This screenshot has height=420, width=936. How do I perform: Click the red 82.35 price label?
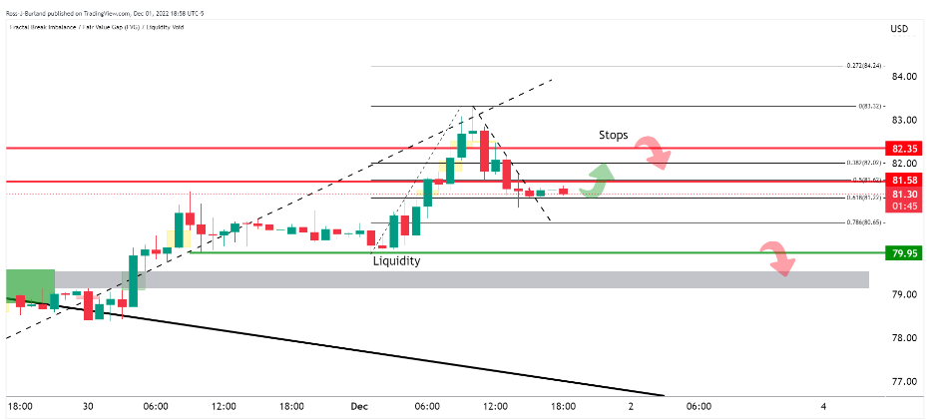[905, 148]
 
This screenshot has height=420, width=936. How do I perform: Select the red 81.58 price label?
[905, 182]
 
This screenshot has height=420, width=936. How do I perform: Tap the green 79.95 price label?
[905, 253]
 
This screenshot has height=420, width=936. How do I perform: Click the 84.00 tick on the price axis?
[905, 77]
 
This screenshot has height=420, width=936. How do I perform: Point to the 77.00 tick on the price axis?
[905, 382]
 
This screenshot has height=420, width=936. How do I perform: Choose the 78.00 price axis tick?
[905, 338]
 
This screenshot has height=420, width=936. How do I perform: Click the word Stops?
[614, 135]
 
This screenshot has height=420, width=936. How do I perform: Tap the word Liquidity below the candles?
[396, 261]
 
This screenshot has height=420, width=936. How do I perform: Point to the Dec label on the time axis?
[360, 406]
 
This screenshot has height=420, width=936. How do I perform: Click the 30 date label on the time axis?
[88, 406]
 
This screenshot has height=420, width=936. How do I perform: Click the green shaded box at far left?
[30, 283]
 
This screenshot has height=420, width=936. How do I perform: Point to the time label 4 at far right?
[823, 406]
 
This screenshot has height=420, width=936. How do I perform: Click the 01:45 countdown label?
[905, 206]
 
